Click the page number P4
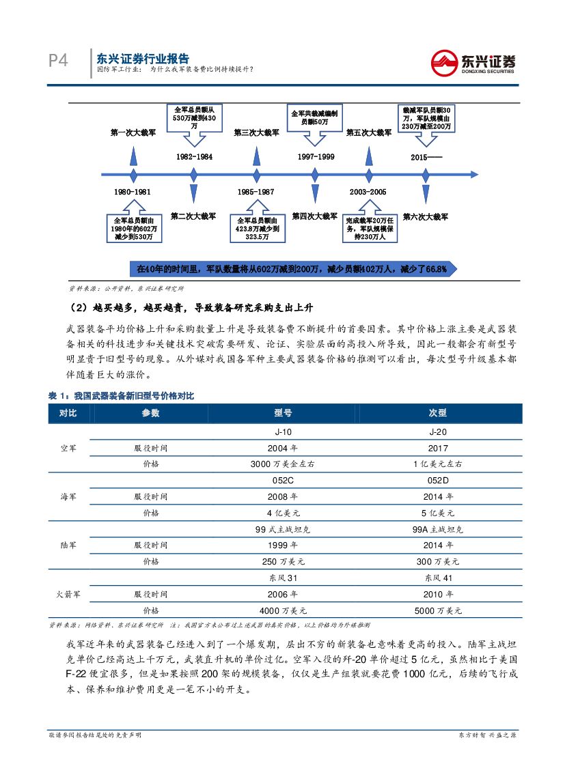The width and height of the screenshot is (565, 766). [58, 61]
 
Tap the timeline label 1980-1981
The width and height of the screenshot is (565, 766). [133, 192]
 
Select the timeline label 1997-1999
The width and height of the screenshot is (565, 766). [315, 157]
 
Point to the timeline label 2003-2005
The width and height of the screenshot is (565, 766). [367, 192]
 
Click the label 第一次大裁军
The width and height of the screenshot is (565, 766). [133, 133]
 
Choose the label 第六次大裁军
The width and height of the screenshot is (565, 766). [425, 216]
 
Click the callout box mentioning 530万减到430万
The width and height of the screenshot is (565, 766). [194, 118]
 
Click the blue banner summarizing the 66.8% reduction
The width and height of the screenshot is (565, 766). [292, 269]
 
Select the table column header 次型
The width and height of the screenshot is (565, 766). [437, 413]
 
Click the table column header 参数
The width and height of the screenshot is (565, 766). [150, 413]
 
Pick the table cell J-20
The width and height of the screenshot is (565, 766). [437, 432]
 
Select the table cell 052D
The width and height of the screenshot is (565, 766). [437, 481]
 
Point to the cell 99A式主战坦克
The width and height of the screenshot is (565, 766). [437, 529]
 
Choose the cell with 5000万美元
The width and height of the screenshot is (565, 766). [437, 610]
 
